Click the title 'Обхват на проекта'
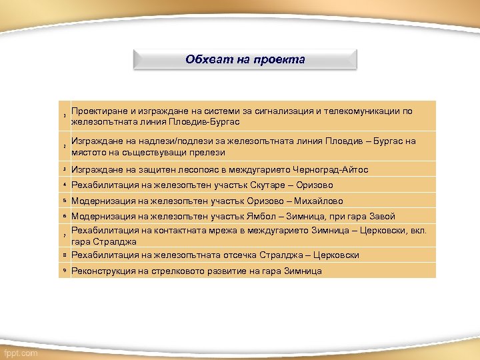pos(245,59)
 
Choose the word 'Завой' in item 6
pos(381,217)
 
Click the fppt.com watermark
pos(21,353)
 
